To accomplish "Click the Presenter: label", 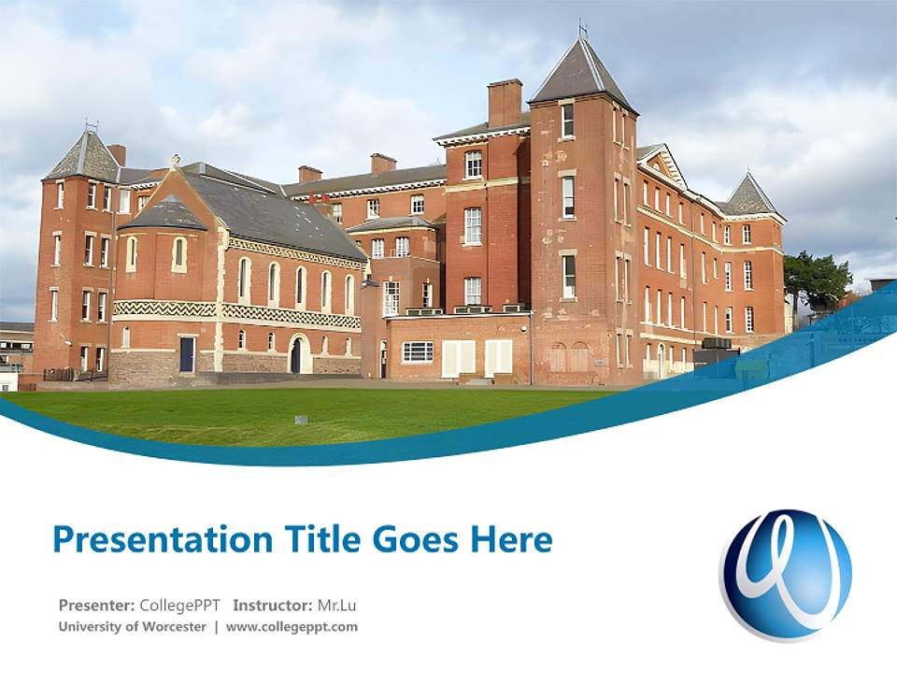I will tap(96, 605).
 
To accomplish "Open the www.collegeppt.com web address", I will tap(292, 627).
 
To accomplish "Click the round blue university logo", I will tap(786, 575).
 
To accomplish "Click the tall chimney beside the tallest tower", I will tap(505, 103).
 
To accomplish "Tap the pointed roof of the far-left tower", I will tap(84, 156).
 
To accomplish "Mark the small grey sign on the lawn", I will tap(301, 420).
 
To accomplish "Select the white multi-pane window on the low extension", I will tap(418, 351).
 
